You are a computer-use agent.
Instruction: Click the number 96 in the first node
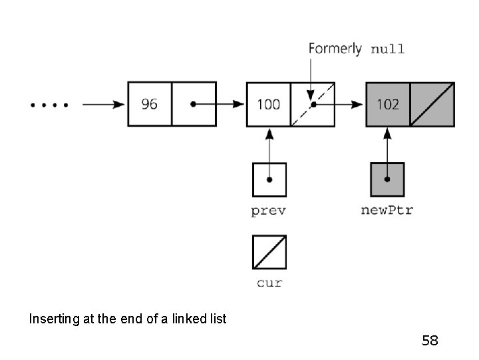[x=150, y=105]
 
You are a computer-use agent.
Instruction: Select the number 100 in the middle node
[x=268, y=105]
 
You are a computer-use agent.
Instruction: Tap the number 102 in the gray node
[x=387, y=105]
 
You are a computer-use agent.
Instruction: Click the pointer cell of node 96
[x=194, y=104]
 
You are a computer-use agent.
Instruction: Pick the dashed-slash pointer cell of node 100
[x=313, y=104]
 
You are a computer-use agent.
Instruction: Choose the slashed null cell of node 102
[x=432, y=105]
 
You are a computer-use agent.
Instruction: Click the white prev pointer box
[x=269, y=179]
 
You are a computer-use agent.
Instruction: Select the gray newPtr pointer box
[x=387, y=179]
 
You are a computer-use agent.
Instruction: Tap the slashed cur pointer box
[x=269, y=251]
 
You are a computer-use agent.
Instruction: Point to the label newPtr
[x=387, y=211]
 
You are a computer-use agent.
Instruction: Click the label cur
[x=269, y=283]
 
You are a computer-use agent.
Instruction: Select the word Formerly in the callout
[x=335, y=49]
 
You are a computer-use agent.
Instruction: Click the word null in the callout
[x=387, y=49]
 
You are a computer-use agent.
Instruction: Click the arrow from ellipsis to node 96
[x=103, y=105]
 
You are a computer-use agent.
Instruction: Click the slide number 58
[x=430, y=341]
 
